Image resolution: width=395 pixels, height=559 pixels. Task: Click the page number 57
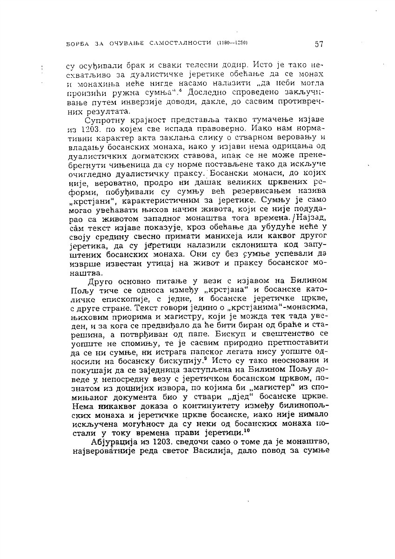click(319, 44)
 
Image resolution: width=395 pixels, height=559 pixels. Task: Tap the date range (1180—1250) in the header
click(231, 44)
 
